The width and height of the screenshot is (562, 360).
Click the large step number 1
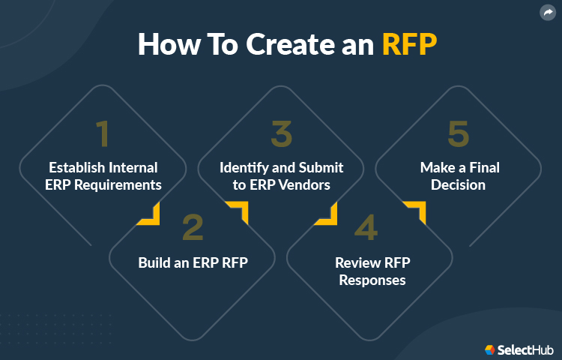click(103, 135)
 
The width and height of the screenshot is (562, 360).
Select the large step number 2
click(192, 228)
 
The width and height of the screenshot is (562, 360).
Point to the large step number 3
click(281, 135)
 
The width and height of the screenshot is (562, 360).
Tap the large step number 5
click(458, 135)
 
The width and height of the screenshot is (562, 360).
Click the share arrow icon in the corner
click(547, 13)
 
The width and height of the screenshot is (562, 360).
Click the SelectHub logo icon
click(489, 349)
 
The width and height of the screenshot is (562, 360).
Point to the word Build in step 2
click(154, 262)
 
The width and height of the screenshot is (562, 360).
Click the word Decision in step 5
click(458, 184)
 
